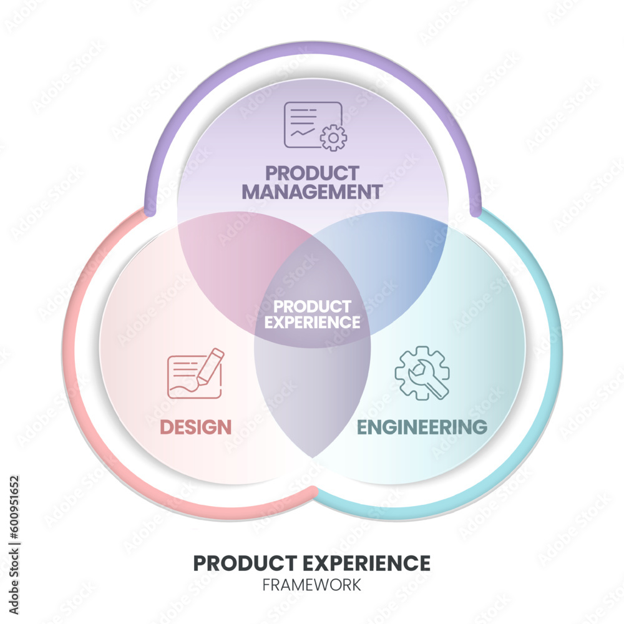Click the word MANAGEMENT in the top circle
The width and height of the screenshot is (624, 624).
[312, 191]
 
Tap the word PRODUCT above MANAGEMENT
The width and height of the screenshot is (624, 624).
[312, 173]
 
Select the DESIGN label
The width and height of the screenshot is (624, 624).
[196, 427]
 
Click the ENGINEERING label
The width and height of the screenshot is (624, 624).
[421, 427]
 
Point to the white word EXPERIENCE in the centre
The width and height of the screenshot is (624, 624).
[312, 322]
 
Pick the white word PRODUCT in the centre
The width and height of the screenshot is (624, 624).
[312, 306]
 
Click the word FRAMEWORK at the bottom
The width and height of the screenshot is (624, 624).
[312, 585]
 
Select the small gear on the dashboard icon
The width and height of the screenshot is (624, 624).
[333, 137]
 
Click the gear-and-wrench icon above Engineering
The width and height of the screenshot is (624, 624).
[422, 373]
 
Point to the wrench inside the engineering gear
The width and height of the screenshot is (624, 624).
[426, 378]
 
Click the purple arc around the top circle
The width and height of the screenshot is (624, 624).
[312, 52]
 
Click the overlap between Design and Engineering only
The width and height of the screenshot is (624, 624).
[312, 399]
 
